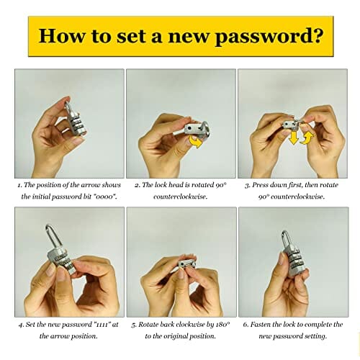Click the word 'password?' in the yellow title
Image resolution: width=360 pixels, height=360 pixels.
click(x=269, y=37)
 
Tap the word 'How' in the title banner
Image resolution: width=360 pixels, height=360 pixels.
click(x=62, y=35)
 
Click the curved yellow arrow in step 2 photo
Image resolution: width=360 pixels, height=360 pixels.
click(x=196, y=141)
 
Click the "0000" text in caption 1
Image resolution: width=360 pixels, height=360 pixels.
click(x=105, y=197)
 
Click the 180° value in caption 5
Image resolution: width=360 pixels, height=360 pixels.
click(x=223, y=325)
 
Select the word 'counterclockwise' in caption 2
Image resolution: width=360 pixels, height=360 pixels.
click(x=181, y=197)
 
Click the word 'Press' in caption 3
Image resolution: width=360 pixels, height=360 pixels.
click(x=260, y=185)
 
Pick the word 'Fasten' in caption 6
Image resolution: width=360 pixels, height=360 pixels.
click(x=261, y=325)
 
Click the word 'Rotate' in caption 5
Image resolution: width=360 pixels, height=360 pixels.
click(x=148, y=325)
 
